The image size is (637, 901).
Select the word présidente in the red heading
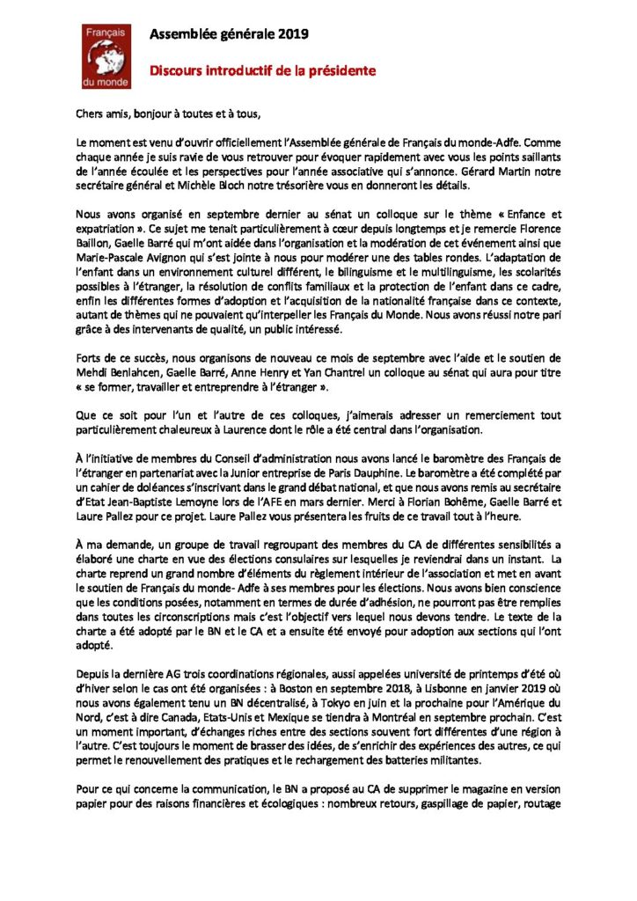(340, 70)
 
